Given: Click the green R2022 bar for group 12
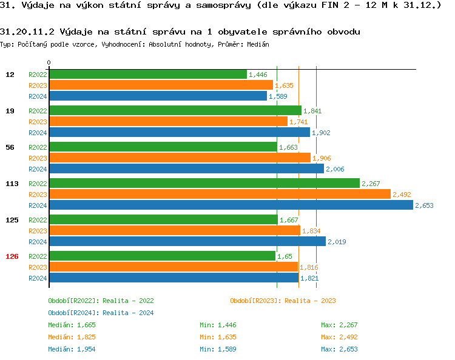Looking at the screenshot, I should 148,74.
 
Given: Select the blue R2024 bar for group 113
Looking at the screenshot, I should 231,205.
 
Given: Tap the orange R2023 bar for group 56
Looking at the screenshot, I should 180,158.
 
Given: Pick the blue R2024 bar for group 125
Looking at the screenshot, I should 187,242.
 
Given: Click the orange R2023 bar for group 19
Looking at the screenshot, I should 168,121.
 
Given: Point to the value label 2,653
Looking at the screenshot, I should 424,205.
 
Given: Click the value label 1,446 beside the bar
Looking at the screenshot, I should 258,75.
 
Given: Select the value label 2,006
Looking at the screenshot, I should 335,169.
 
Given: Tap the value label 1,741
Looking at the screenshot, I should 298,122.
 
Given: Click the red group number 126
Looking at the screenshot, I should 12,256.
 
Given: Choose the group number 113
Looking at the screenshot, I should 12,184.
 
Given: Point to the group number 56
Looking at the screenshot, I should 10,147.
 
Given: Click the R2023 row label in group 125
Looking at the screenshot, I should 38,231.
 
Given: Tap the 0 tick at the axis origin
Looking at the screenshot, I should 49,62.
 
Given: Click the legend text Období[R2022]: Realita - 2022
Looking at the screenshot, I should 101,301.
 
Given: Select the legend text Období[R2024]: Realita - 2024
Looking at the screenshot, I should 101,313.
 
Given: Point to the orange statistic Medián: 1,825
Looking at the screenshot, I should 72,337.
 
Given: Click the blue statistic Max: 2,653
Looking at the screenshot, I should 339,349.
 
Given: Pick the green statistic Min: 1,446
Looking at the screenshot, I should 218,325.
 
